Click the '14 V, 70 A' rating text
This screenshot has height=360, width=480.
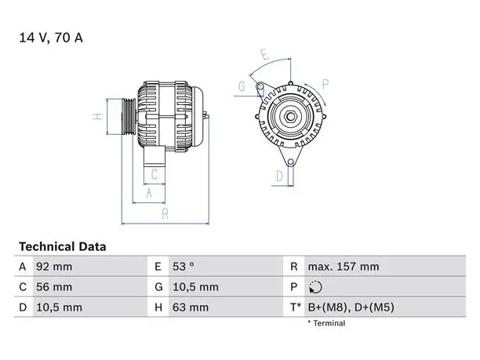pos(51,38)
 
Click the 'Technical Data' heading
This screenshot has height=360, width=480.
pos(63,246)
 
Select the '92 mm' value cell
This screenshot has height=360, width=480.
pos(54,267)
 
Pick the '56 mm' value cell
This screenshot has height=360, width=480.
pos(54,287)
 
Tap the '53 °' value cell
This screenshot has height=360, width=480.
pos(183,267)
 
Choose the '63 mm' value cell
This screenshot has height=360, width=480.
pos(191,307)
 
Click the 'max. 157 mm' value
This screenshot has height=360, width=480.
pos(344,267)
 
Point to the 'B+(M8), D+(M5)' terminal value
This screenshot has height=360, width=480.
pos(351,307)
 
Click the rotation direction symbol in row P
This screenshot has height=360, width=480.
pos(315,287)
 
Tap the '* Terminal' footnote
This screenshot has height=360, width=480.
pos(326,323)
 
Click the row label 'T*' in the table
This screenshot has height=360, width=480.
pos(296,307)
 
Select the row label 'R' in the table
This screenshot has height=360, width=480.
pos(293,267)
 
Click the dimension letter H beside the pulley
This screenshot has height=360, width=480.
pos(97,116)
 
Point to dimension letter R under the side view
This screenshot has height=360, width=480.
pos(165,214)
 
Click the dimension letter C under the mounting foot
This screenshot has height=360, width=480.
pos(155,174)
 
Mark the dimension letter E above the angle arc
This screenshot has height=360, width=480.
pos(265,54)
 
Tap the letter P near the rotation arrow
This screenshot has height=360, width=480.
pos(325,84)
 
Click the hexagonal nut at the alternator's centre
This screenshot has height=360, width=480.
pos(290,117)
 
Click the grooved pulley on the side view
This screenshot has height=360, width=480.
pos(129,116)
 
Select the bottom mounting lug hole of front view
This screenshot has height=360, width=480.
pos(291,162)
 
